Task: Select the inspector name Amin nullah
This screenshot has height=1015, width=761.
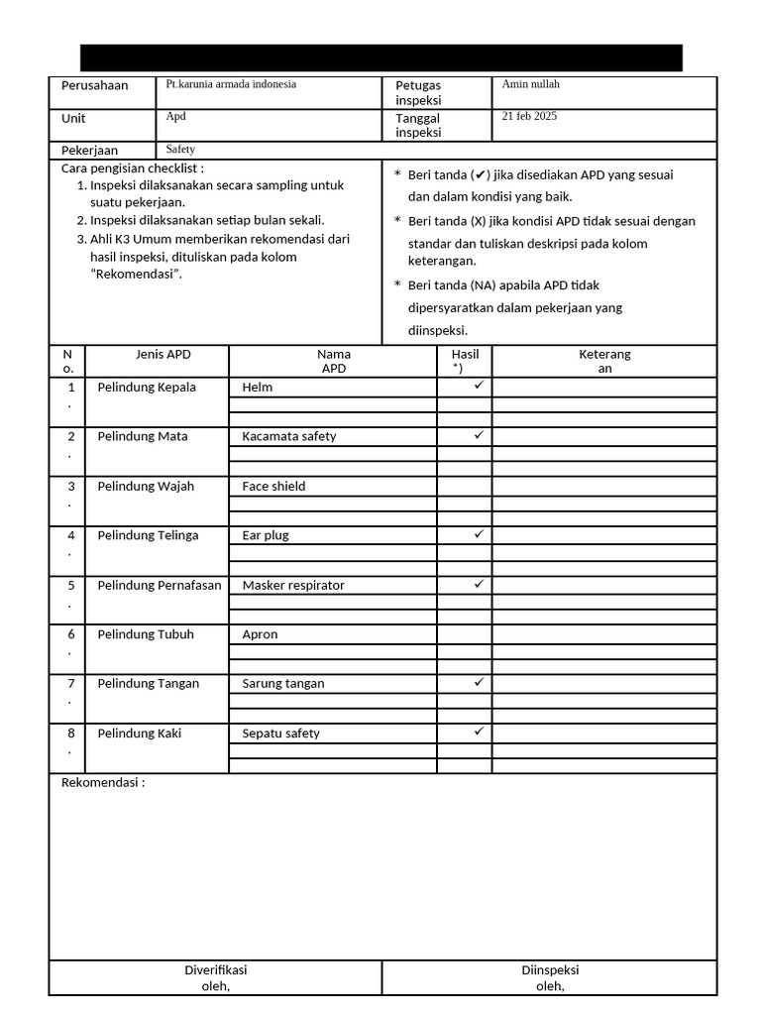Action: pyautogui.click(x=530, y=84)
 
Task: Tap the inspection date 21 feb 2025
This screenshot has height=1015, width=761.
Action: pyautogui.click(x=529, y=116)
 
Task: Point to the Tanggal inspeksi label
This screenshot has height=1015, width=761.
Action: pyautogui.click(x=418, y=125)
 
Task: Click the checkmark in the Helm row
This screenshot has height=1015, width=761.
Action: pyautogui.click(x=479, y=385)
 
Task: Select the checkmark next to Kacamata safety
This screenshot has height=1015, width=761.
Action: pyautogui.click(x=479, y=434)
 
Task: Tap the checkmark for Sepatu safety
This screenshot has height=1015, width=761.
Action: pyautogui.click(x=479, y=731)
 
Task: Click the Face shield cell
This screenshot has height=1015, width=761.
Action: pyautogui.click(x=273, y=487)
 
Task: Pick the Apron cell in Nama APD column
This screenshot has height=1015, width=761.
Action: pyautogui.click(x=260, y=634)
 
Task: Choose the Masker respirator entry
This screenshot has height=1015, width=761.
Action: pyautogui.click(x=293, y=586)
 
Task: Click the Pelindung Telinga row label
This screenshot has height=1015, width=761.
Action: pyautogui.click(x=148, y=535)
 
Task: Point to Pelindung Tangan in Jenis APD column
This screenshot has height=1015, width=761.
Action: pyautogui.click(x=148, y=683)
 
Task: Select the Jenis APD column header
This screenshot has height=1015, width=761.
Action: pyautogui.click(x=163, y=354)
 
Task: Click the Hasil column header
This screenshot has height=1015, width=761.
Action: pyautogui.click(x=465, y=361)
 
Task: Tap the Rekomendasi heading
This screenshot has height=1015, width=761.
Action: pyautogui.click(x=103, y=783)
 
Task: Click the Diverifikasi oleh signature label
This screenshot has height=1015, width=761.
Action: pyautogui.click(x=216, y=977)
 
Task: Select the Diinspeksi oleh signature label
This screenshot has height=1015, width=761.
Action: pyautogui.click(x=550, y=977)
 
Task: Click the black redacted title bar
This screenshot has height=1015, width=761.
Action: pyautogui.click(x=380, y=57)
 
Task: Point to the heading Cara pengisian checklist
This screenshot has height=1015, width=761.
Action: pyautogui.click(x=133, y=169)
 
